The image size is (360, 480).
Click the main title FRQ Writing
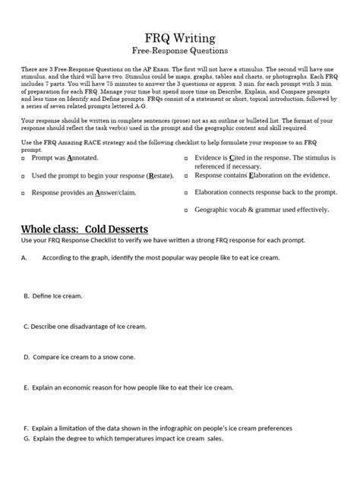(179, 37)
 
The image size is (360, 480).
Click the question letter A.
(24, 258)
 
